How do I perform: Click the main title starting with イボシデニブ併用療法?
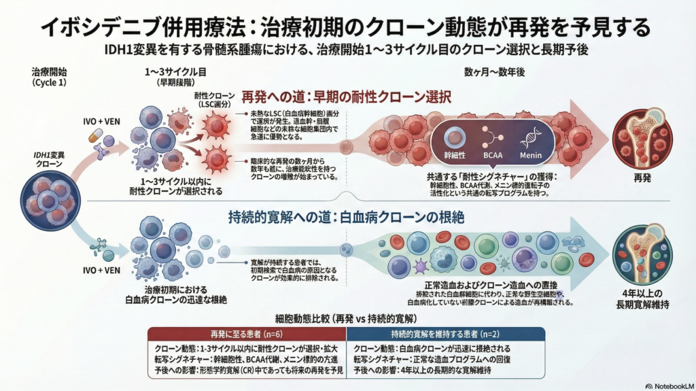pyautogui.click(x=347, y=27)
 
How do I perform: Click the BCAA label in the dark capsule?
pyautogui.click(x=493, y=156)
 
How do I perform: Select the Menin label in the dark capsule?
pyautogui.click(x=532, y=156)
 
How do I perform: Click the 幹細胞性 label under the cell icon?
pyautogui.click(x=455, y=156)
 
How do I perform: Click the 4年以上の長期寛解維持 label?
pyautogui.click(x=642, y=300)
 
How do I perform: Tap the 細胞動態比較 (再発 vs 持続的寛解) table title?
pyautogui.click(x=347, y=318)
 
